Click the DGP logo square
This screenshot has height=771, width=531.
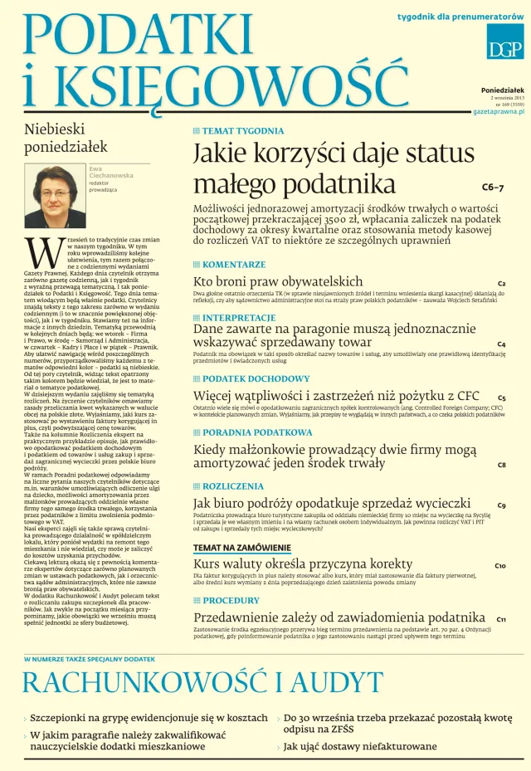504,41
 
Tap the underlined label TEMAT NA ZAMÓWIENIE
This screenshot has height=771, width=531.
242,548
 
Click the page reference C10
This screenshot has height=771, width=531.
500,566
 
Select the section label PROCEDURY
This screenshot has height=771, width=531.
231,601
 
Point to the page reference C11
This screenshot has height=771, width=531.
502,619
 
